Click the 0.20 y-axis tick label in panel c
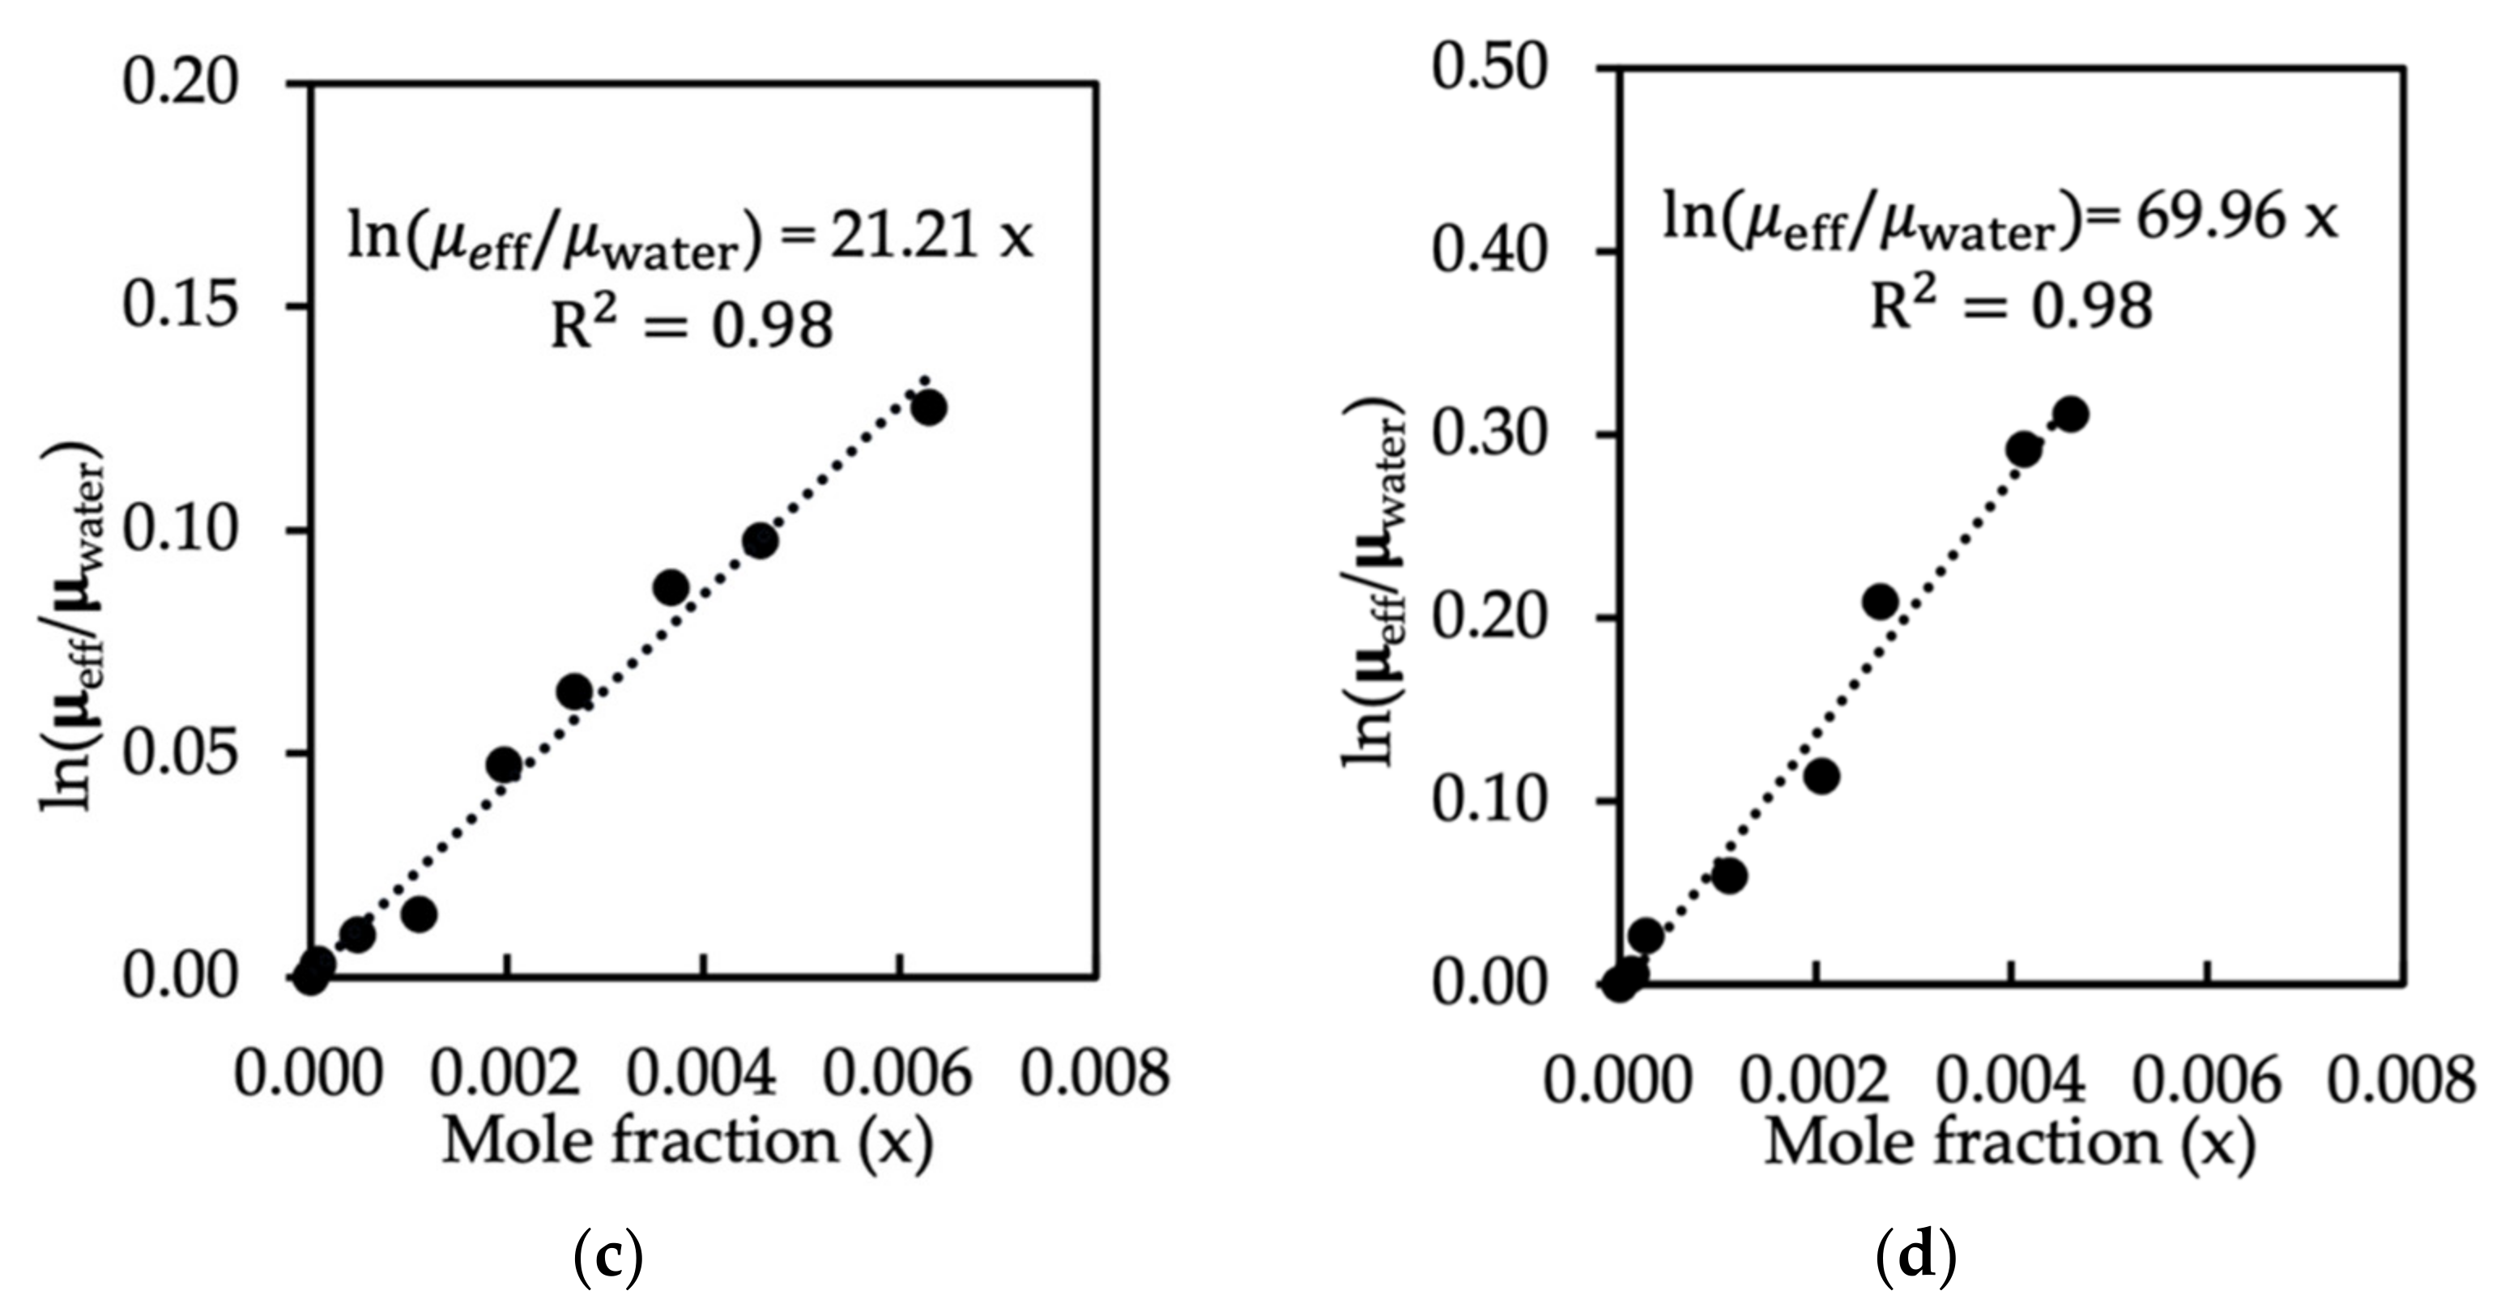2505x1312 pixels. (x=180, y=82)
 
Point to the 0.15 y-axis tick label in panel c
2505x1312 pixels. (x=180, y=305)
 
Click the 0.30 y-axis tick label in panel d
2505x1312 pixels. (x=1489, y=434)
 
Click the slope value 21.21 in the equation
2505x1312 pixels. (x=902, y=236)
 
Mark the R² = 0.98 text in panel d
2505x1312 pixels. (x=2011, y=305)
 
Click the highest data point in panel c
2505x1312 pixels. (x=929, y=407)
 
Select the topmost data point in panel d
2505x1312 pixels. (x=2070, y=415)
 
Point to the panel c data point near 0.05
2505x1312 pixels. (x=504, y=765)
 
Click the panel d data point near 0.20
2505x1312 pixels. (x=1881, y=602)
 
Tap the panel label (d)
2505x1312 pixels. (x=1915, y=1259)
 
